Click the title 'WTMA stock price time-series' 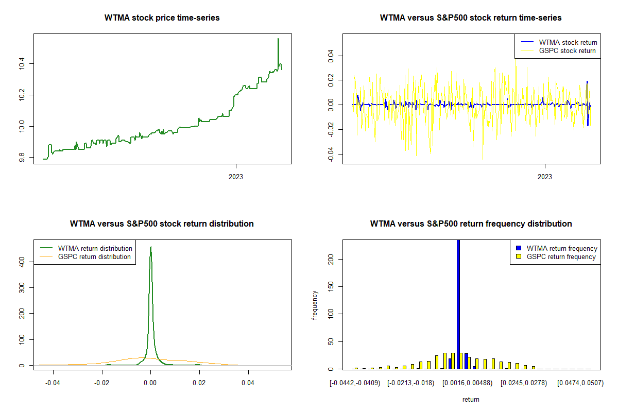(x=162, y=18)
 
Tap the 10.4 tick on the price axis (x=21, y=64)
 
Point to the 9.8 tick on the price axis (x=21, y=158)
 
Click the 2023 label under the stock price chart (x=236, y=177)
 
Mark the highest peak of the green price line (x=278, y=39)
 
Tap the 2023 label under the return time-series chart (x=545, y=177)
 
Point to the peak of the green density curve (x=150, y=247)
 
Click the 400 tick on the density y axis (x=21, y=262)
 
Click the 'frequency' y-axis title (x=315, y=305)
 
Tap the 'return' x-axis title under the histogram (x=471, y=399)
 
